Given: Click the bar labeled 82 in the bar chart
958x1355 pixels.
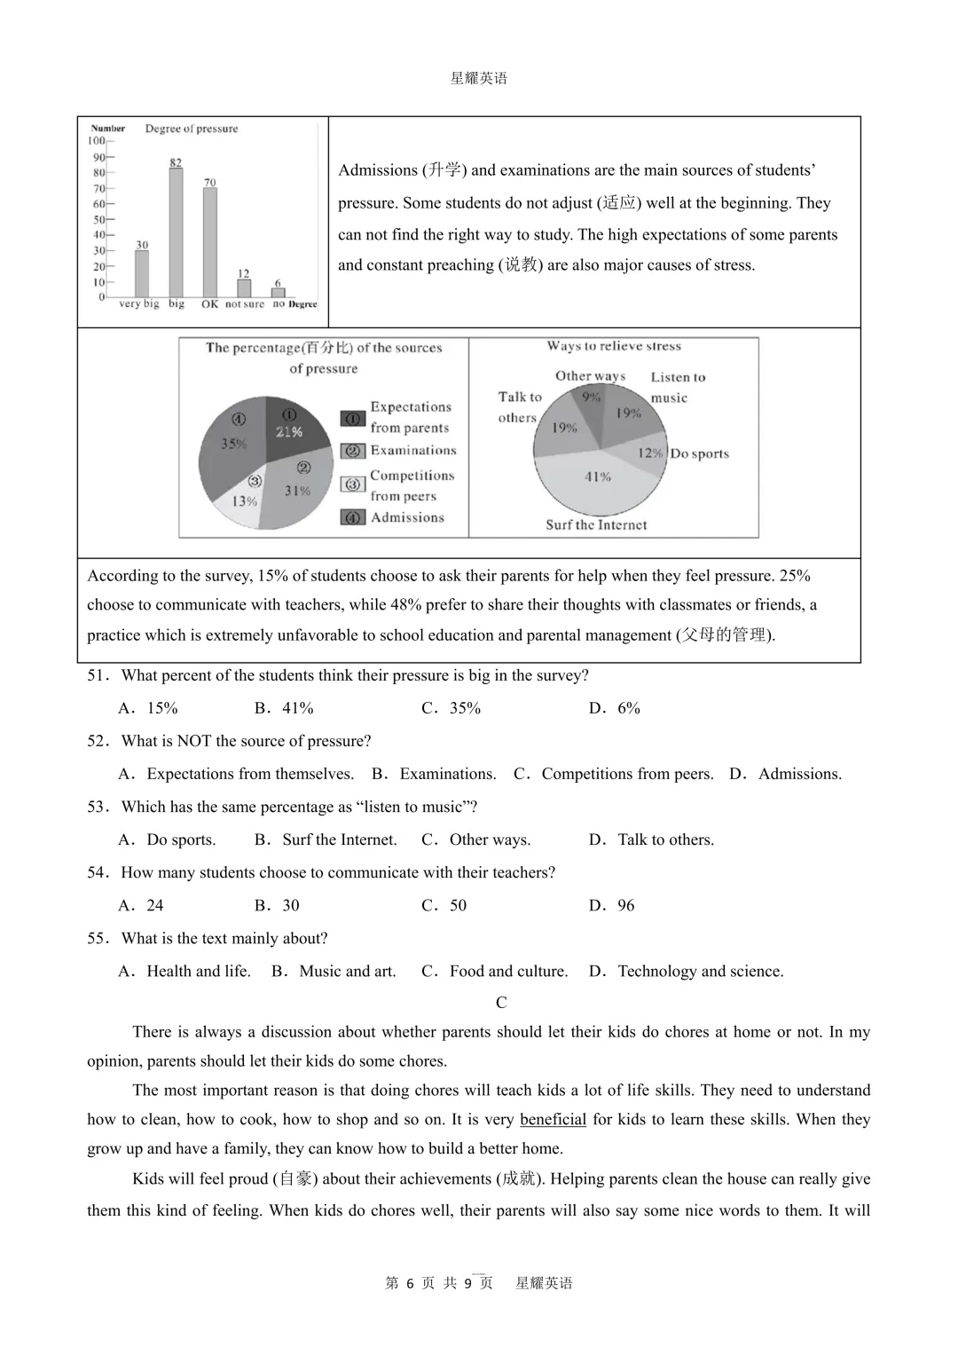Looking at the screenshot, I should point(176,232).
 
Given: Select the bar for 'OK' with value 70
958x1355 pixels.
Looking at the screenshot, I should point(209,242).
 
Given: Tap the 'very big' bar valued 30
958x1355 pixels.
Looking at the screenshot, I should point(142,273).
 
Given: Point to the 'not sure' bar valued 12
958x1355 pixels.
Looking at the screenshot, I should point(244,288).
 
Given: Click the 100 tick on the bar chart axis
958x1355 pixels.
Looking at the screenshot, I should point(97,141).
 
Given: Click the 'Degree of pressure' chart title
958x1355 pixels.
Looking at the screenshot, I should point(192,129).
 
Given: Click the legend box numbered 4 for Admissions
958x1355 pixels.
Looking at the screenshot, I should point(353,517).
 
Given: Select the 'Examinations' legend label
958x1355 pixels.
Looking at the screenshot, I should point(413,451).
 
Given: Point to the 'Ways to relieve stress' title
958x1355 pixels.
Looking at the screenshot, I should point(614,346).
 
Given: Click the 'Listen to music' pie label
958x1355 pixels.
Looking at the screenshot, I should point(678,387).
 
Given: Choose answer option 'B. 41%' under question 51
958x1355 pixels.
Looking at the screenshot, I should point(284,708).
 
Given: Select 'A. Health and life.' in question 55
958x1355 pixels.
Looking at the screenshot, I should point(185,971).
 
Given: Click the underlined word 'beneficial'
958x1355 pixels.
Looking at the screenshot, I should point(553,1119).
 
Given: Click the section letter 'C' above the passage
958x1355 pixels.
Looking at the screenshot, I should point(501,1002).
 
